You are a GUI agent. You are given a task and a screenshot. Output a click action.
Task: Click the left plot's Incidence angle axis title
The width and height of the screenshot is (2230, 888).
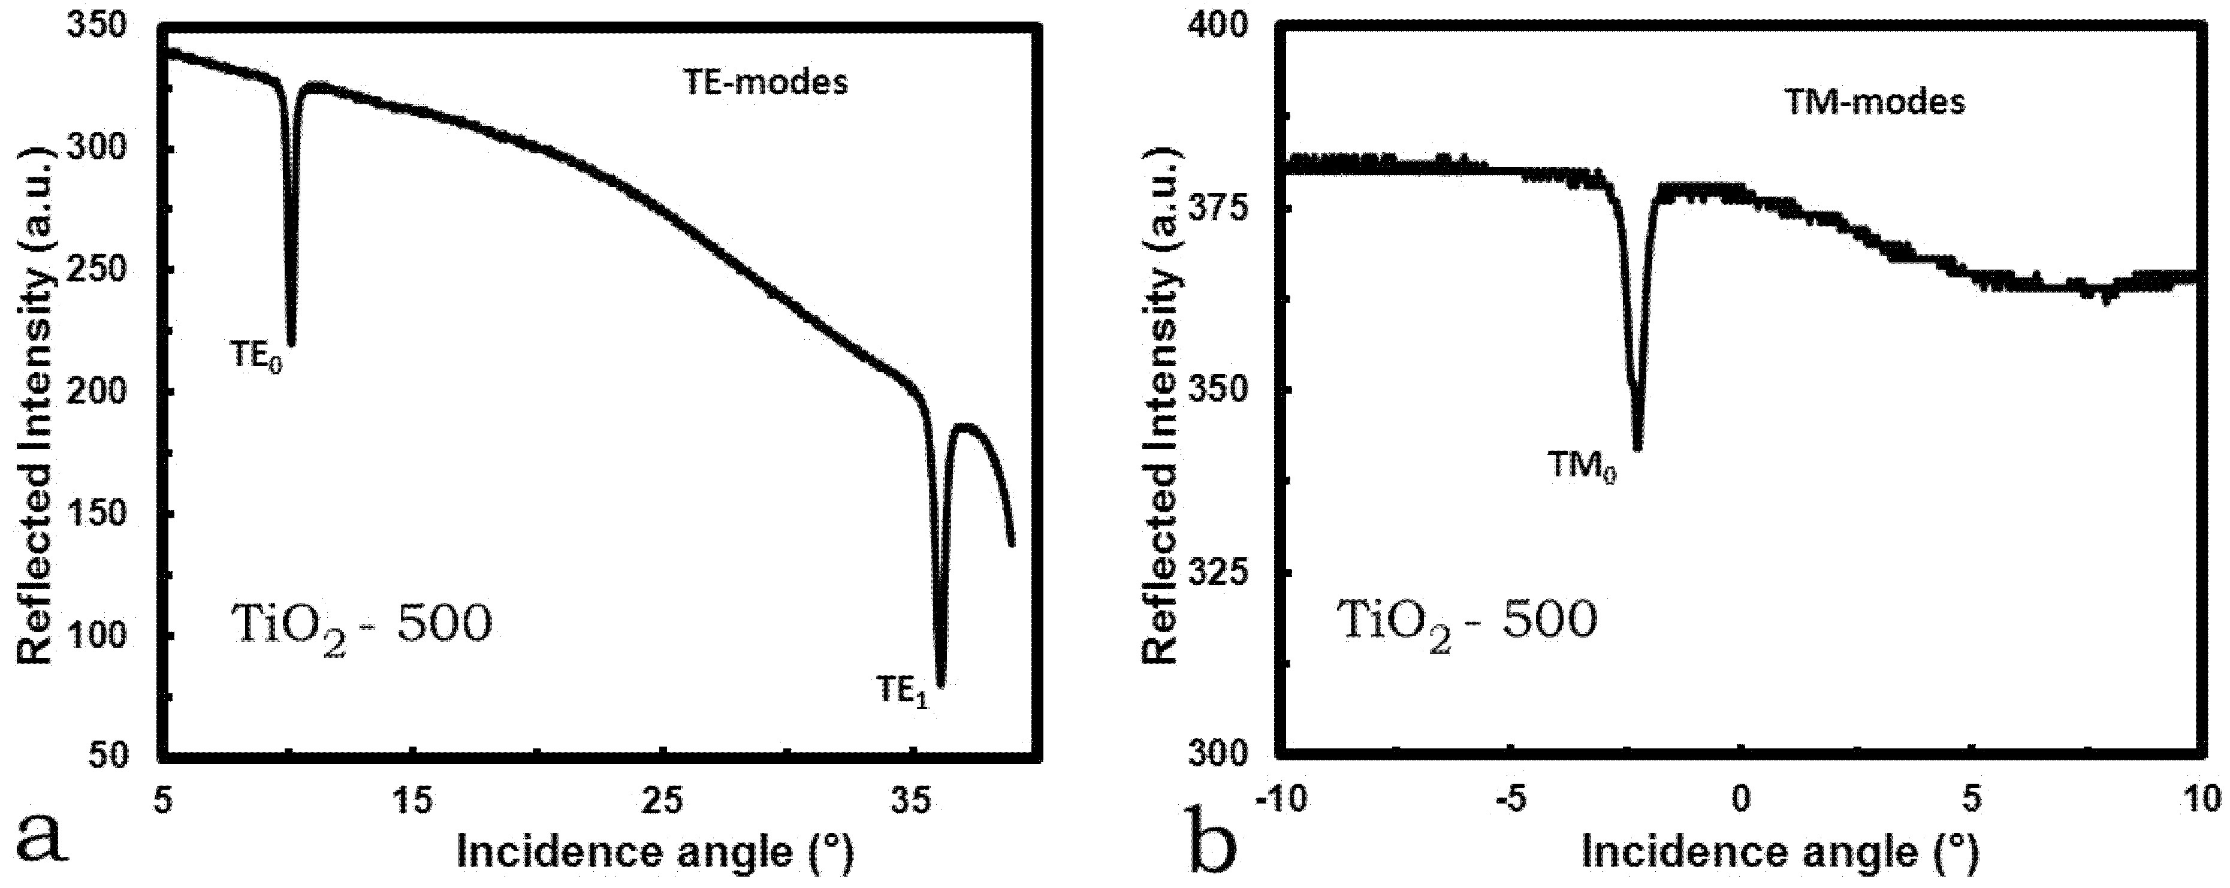click(654, 853)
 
